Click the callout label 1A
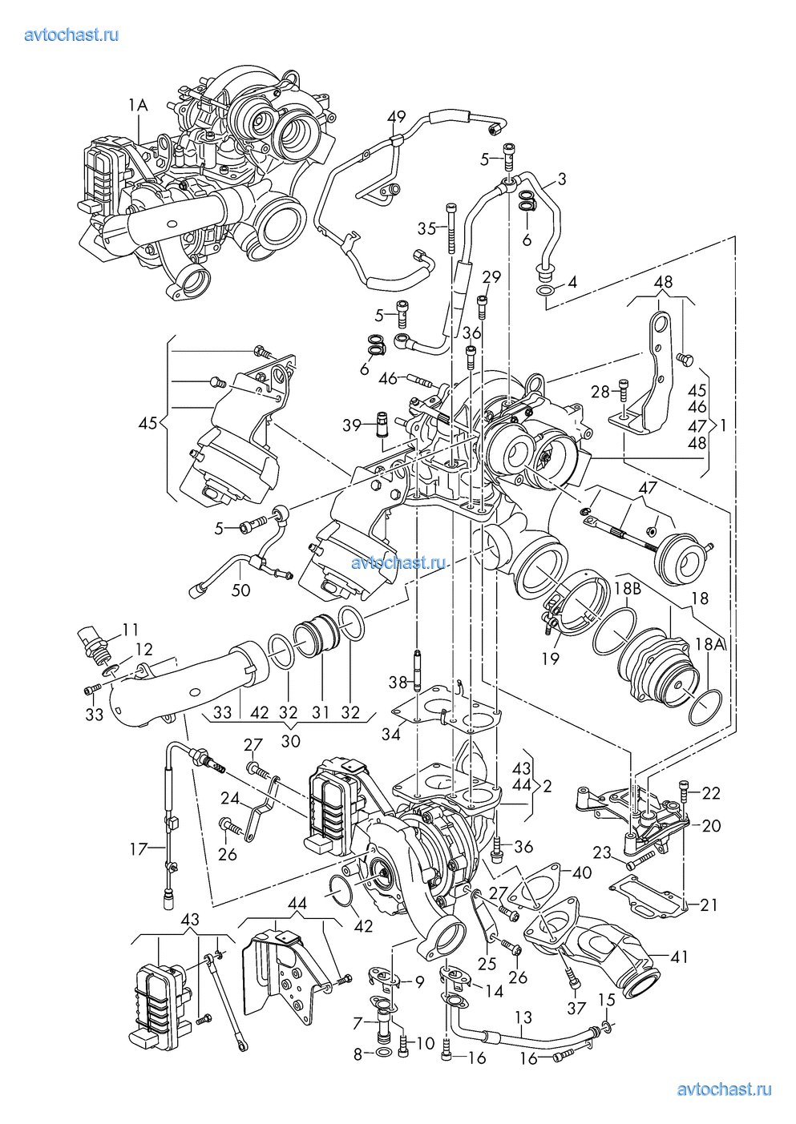point(138,106)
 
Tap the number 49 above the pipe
point(396,117)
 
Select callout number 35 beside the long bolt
point(427,229)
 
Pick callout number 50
point(240,590)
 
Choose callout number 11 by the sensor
point(130,629)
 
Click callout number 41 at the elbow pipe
point(679,957)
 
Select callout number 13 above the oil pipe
point(523,1017)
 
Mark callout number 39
point(352,425)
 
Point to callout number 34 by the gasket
point(391,734)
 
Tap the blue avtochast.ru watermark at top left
point(72,35)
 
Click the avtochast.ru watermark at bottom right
point(724,1090)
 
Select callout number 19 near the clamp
point(551,659)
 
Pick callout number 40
point(582,872)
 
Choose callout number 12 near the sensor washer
point(144,649)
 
